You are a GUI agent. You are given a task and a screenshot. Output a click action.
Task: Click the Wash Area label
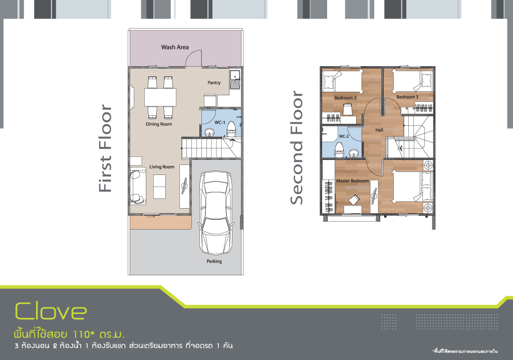[x=175, y=47]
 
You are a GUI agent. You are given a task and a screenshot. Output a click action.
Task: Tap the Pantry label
[x=214, y=83]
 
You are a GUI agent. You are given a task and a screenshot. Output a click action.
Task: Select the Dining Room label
[x=159, y=124]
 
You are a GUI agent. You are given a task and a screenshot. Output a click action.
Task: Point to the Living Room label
[x=162, y=167]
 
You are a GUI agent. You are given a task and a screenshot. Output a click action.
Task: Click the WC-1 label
[x=220, y=122]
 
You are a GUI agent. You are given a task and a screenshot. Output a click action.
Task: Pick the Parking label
[x=214, y=261]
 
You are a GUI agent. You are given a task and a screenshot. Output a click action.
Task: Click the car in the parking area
[x=215, y=212]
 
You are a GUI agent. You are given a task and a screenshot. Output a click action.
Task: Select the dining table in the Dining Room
[x=160, y=97]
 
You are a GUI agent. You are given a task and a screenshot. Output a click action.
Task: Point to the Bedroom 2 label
[x=346, y=98]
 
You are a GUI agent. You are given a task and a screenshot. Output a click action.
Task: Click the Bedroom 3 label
[x=407, y=97]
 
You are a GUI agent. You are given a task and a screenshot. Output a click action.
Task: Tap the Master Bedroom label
[x=353, y=181]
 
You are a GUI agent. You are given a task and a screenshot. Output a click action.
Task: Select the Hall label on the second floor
[x=379, y=130]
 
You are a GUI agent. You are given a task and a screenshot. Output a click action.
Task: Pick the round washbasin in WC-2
[x=353, y=153]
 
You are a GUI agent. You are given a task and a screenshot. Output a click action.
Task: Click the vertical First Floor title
[x=105, y=148]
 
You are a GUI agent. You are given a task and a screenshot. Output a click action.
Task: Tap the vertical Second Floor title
[x=297, y=148]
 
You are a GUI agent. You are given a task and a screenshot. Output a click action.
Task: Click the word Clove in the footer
[x=51, y=311]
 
